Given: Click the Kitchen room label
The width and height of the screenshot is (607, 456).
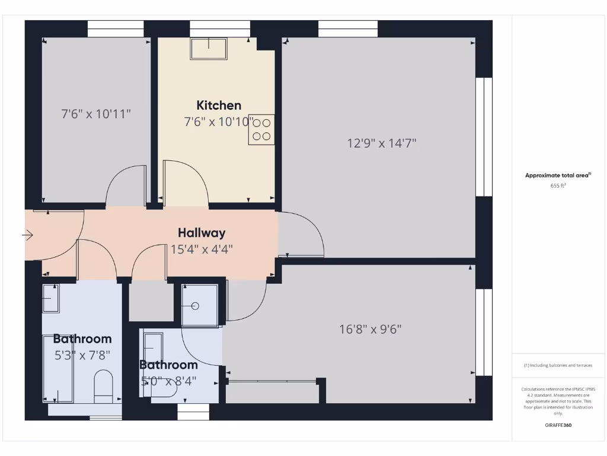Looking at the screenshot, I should pos(219,106).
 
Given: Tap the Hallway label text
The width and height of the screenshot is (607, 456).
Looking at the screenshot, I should pos(202,233).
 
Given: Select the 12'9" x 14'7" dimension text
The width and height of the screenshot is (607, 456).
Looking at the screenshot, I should pos(382,143).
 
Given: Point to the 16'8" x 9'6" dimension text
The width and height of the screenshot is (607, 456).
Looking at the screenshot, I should pos(370,329).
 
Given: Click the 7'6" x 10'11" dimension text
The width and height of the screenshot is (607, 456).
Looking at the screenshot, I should pos(96,113).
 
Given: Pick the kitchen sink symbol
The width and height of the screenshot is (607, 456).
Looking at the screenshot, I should pos(208,49).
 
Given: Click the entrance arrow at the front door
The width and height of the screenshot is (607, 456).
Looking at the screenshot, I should pos(28,236).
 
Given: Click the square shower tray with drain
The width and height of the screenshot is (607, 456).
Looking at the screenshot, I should pos(199,306).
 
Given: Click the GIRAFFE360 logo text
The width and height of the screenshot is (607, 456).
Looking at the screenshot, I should pos(558,425).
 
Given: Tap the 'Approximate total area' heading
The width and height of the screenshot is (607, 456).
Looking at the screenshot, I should pos(558,175).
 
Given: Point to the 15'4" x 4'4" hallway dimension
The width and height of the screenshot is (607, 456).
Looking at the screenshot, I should pos(202,249).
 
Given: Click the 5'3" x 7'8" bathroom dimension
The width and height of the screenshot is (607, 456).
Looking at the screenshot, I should pos(82,355).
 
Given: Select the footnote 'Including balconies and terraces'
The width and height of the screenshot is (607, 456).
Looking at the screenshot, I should pos(558,365).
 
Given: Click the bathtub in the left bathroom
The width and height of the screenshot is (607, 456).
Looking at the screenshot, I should pos(57,368).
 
